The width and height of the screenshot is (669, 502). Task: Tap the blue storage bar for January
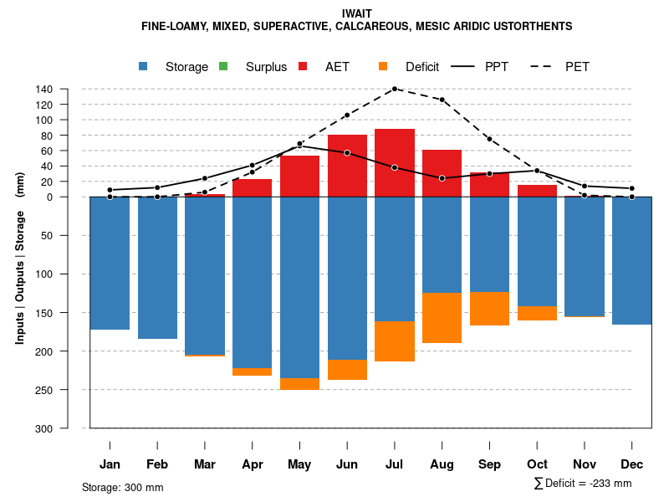[x=110, y=263]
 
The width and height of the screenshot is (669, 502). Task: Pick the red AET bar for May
[x=299, y=176]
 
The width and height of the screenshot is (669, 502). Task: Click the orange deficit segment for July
[x=395, y=341]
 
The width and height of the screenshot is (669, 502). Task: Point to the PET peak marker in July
[x=395, y=89]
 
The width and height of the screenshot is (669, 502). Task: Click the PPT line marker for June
[x=347, y=153]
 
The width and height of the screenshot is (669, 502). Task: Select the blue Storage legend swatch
[x=144, y=67]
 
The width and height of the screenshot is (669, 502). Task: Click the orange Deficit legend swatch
[x=383, y=67]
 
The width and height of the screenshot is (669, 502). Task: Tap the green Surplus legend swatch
[x=224, y=67]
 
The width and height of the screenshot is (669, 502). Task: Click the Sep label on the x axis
[x=489, y=464]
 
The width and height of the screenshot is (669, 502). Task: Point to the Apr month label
[x=253, y=464]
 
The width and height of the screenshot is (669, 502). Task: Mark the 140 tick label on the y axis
[x=68, y=90]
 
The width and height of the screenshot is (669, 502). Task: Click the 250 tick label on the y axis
[x=68, y=390]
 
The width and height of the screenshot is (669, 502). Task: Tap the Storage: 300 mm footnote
[x=123, y=487]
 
